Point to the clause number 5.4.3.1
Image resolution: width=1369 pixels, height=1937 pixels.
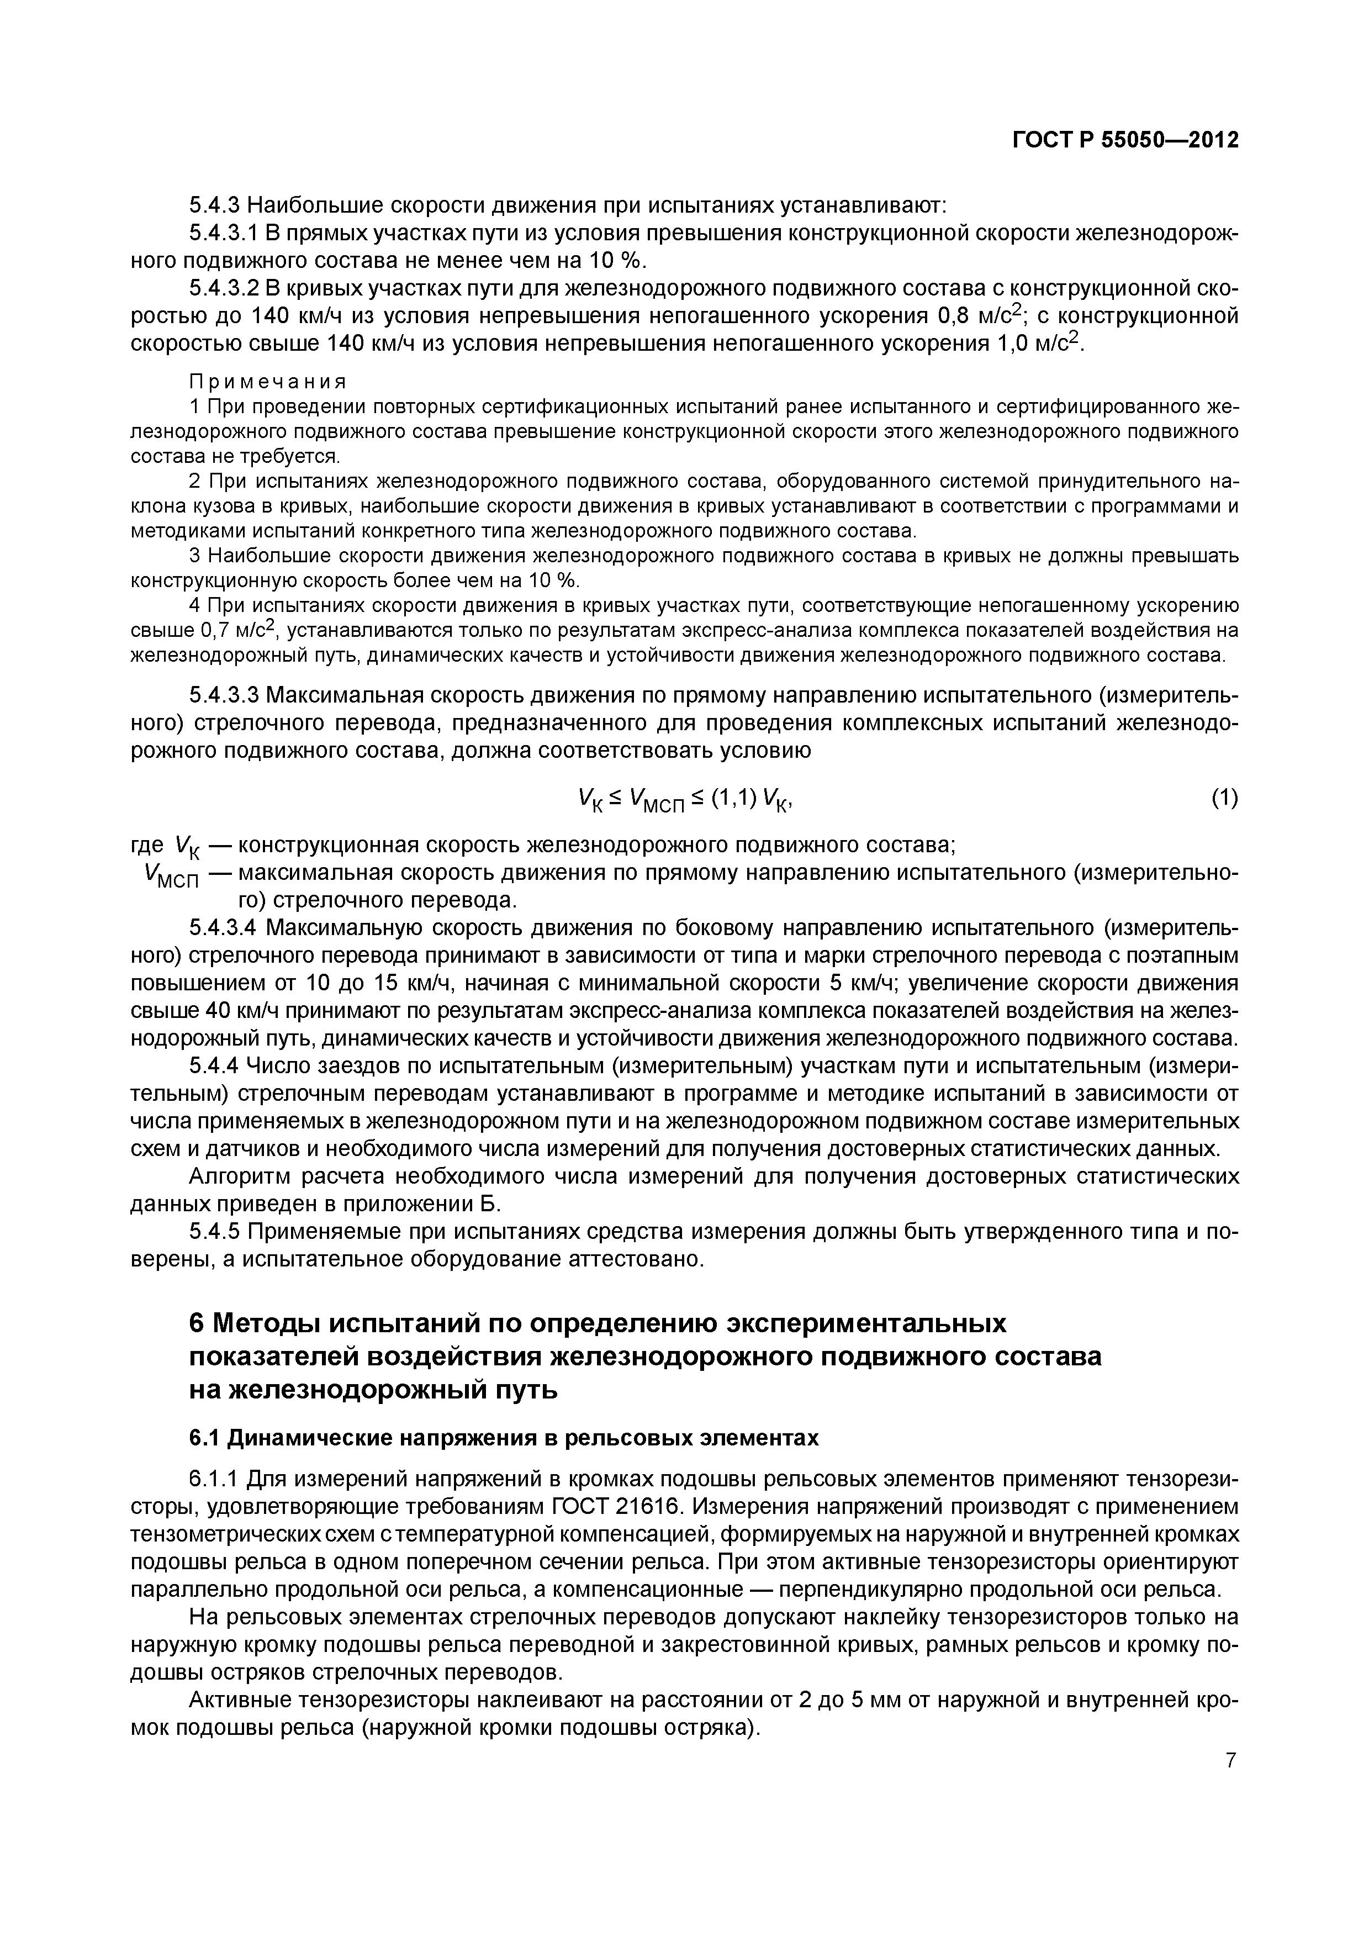224,234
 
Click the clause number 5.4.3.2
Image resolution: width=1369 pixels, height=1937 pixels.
224,288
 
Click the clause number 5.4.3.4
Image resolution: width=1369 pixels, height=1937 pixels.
224,928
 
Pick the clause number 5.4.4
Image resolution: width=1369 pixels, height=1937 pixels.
214,1067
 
